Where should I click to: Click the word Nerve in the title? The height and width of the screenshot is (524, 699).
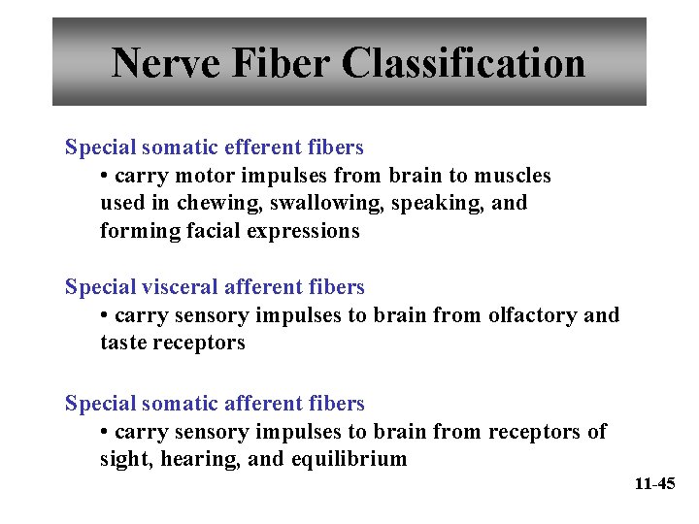pyautogui.click(x=168, y=64)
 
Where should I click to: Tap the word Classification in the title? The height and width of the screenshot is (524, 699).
pyautogui.click(x=464, y=64)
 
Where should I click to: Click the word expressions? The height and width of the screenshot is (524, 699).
pyautogui.click(x=303, y=232)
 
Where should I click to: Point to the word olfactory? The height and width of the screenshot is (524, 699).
pyautogui.click(x=533, y=315)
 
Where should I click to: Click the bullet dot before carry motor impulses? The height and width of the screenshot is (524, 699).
pyautogui.click(x=105, y=177)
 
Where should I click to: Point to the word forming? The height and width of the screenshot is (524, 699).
pyautogui.click(x=135, y=232)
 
